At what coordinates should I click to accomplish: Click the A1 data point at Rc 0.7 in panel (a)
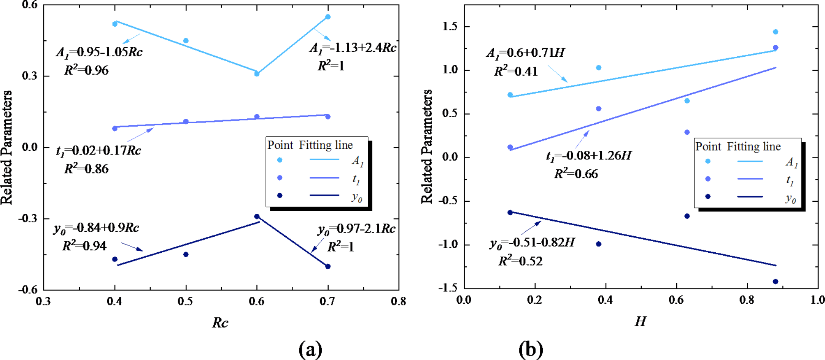[x=328, y=17]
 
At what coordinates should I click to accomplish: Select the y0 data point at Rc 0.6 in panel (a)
[x=257, y=216]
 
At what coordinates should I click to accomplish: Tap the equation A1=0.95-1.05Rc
[x=99, y=52]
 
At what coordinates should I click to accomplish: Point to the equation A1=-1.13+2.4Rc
[x=353, y=48]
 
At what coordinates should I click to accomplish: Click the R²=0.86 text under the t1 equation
[x=86, y=169]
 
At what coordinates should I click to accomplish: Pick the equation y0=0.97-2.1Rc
[x=356, y=229]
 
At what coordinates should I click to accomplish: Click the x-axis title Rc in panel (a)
[x=220, y=323]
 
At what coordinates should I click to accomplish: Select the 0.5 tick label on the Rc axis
[x=185, y=301]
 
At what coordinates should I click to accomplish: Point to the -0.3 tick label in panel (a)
[x=28, y=218]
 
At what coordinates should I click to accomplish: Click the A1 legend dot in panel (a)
[x=280, y=160]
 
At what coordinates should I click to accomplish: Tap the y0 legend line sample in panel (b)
[x=750, y=197]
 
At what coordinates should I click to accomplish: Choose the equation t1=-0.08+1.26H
[x=588, y=156]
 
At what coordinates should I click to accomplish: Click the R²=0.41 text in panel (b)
[x=516, y=72]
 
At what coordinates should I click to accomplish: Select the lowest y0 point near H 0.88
[x=775, y=282]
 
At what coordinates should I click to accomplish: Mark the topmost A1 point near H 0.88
[x=775, y=32]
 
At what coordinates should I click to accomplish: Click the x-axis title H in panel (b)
[x=640, y=321]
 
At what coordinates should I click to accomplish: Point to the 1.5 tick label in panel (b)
[x=450, y=26]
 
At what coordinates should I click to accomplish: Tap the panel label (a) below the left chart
[x=310, y=350]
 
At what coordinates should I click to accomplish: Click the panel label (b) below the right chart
[x=531, y=350]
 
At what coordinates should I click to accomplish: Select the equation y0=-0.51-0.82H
[x=532, y=243]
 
